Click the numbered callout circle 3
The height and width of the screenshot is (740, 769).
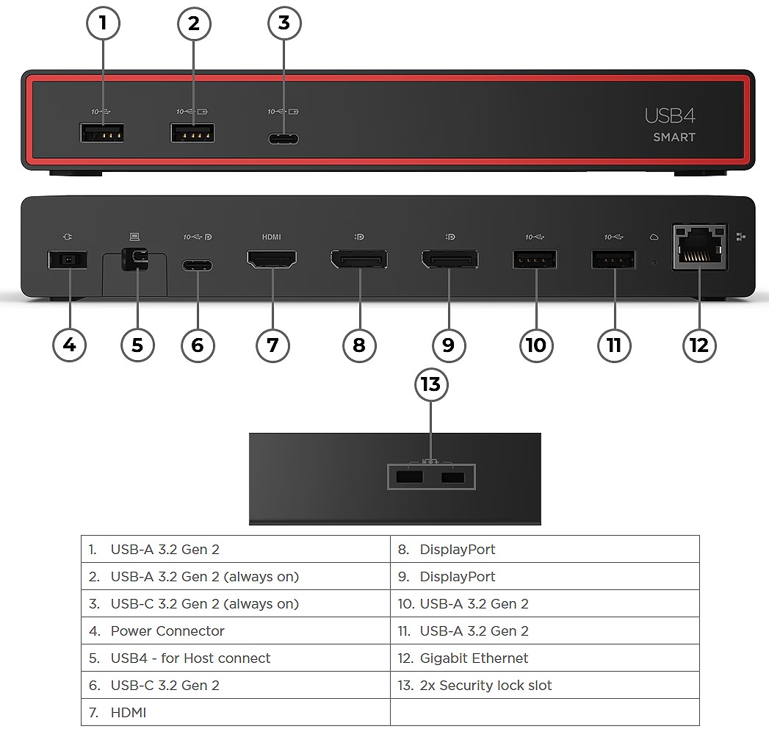click(x=284, y=24)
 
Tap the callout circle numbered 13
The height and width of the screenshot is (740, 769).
click(x=431, y=384)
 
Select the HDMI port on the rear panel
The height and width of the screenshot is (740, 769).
click(x=272, y=259)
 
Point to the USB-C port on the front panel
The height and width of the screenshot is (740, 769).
click(x=282, y=138)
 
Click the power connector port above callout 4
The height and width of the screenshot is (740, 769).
click(x=68, y=259)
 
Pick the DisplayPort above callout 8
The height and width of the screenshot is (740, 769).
click(x=359, y=259)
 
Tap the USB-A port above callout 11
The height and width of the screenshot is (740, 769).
click(x=613, y=259)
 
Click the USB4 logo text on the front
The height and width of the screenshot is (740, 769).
click(x=670, y=115)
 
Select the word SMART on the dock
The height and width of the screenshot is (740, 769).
click(x=674, y=137)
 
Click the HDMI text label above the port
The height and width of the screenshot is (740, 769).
click(x=271, y=237)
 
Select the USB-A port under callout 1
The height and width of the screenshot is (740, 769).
click(x=103, y=133)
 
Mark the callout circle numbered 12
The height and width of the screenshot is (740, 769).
click(x=698, y=344)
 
